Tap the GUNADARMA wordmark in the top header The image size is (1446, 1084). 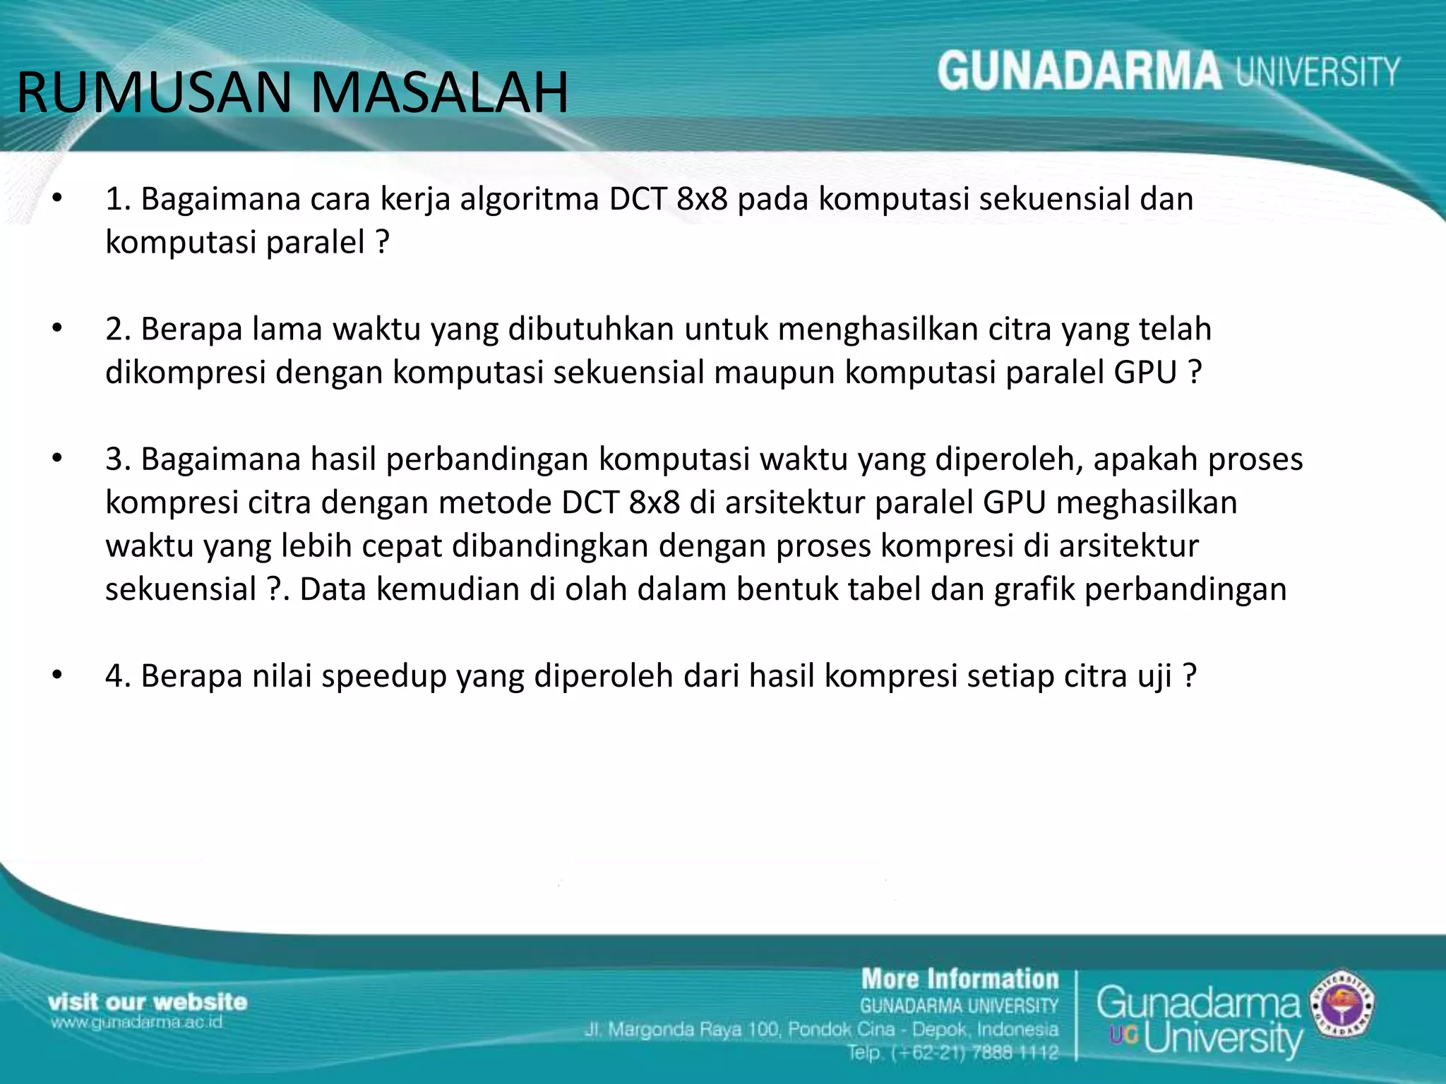tap(1079, 72)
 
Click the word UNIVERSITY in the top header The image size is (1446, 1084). tap(1317, 72)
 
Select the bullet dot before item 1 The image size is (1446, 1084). tap(57, 199)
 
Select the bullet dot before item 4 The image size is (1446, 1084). tap(57, 676)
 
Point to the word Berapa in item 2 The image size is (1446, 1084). tap(191, 329)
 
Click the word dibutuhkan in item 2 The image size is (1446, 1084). tap(591, 329)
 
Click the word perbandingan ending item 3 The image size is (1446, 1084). tap(1185, 589)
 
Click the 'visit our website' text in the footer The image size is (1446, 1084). tap(148, 1002)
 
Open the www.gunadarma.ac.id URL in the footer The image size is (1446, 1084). tap(136, 1023)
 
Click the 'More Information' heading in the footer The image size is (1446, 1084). tap(960, 980)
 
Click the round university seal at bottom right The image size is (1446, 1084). tap(1341, 1003)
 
